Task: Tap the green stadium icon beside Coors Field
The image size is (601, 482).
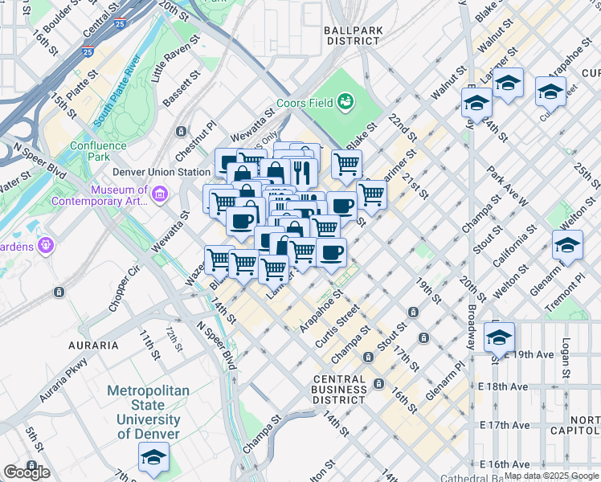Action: click(x=345, y=101)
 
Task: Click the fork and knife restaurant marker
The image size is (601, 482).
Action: click(x=302, y=171)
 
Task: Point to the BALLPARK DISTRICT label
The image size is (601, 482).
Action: click(x=352, y=35)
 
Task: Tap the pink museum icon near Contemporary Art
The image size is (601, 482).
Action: click(x=159, y=194)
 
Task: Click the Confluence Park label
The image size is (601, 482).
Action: click(x=98, y=151)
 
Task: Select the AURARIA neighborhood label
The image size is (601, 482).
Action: click(x=93, y=345)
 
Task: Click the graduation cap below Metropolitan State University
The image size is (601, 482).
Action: click(x=153, y=457)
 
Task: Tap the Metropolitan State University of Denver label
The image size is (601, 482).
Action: click(x=149, y=412)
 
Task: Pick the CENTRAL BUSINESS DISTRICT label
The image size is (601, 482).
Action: click(x=340, y=390)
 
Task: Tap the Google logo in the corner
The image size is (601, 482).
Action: click(x=27, y=472)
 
